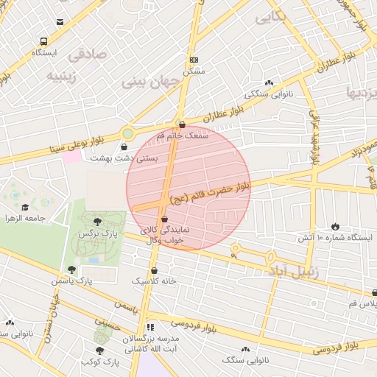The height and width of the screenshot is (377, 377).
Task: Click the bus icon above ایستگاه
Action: pyautogui.click(x=44, y=42)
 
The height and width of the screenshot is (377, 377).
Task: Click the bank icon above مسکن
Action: pyautogui.click(x=194, y=60)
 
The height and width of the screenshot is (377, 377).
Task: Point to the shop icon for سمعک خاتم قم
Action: pyautogui.click(x=182, y=124)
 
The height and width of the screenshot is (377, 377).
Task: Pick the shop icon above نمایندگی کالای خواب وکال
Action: pyautogui.click(x=163, y=219)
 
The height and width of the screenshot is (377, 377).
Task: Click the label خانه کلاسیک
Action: pyautogui.click(x=154, y=281)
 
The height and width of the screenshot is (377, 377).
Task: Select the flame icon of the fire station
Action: pyautogui.click(x=335, y=226)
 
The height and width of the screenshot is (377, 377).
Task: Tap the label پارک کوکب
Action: pyautogui.click(x=100, y=362)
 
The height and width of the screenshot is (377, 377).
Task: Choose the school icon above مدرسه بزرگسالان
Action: pyautogui.click(x=150, y=326)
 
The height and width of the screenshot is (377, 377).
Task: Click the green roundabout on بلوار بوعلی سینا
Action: pyautogui.click(x=127, y=133)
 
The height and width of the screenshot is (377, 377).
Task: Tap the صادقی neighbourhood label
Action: pyautogui.click(x=88, y=54)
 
